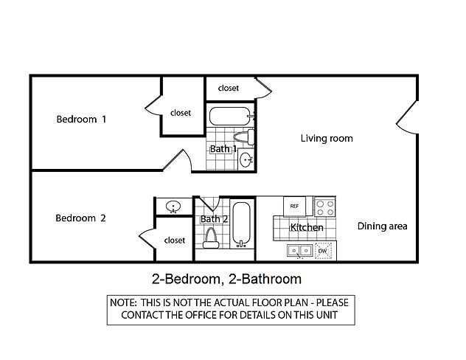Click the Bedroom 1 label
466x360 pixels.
81,120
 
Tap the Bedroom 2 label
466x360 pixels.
80,218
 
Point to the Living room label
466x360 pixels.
327,138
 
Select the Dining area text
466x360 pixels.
382,226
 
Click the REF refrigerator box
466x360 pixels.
294,206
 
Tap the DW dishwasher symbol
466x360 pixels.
323,251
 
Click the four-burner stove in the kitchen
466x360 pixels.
325,207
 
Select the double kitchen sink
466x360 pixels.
300,251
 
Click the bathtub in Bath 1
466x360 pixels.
230,117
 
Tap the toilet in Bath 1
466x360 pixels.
244,137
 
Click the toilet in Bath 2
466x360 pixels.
211,238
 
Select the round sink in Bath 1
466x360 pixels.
246,159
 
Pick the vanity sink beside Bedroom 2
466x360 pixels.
173,207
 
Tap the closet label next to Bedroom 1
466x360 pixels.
181,113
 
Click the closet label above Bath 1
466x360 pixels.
229,88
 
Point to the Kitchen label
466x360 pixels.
307,227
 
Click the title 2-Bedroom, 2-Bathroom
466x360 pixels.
226,279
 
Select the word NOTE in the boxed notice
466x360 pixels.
123,302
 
